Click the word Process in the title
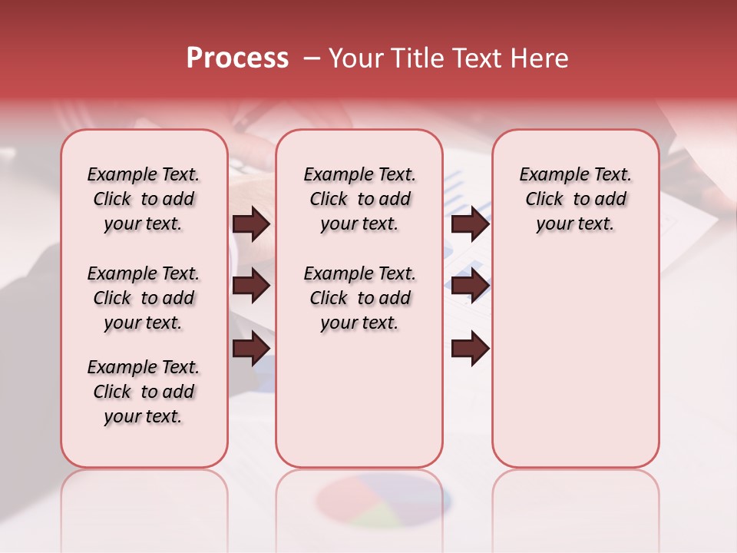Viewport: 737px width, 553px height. point(237,58)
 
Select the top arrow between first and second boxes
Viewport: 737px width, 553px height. point(251,224)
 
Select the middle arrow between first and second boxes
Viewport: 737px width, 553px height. point(251,286)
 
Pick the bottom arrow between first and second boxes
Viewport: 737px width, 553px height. point(251,349)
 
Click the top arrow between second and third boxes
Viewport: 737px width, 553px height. point(470,224)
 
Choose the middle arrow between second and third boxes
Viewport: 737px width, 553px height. point(470,286)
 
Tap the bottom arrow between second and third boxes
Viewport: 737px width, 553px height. point(470,349)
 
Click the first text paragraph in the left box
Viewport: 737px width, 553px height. point(144,199)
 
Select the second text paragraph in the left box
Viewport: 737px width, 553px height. point(144,298)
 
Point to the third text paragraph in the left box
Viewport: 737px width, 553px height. point(144,392)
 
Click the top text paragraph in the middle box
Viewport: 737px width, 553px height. point(359,199)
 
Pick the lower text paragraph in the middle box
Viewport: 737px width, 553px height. point(359,298)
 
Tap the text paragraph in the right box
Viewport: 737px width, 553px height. point(575,199)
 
